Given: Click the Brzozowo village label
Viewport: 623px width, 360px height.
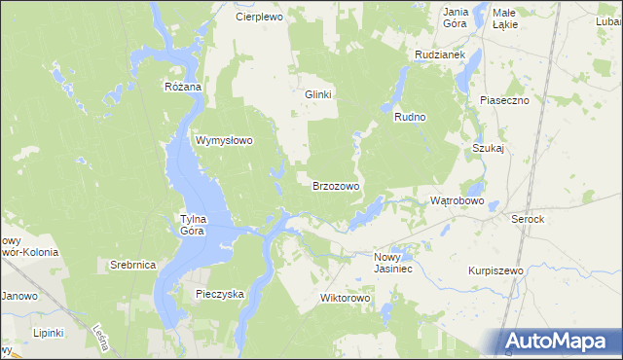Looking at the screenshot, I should click(x=336, y=186).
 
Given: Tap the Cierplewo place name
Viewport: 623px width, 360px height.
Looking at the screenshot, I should click(x=258, y=18).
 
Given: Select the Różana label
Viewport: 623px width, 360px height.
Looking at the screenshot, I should click(x=182, y=87).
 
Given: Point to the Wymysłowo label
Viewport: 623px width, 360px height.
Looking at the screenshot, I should click(x=225, y=140).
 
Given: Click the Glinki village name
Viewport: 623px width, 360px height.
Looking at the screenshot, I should click(x=319, y=94).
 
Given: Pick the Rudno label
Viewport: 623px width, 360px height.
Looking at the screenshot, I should click(x=411, y=117).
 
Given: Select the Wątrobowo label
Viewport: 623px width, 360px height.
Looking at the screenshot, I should click(x=458, y=200).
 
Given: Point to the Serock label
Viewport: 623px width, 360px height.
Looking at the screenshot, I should click(x=528, y=220).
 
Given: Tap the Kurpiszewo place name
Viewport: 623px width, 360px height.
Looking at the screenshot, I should click(x=495, y=270).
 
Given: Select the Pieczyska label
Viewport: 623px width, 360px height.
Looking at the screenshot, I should click(x=220, y=293).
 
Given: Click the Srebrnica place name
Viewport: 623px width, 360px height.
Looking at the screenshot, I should click(x=133, y=265).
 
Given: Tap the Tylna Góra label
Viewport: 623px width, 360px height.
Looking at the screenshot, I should click(x=192, y=225).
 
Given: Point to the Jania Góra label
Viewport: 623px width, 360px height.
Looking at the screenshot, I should click(x=456, y=18).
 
